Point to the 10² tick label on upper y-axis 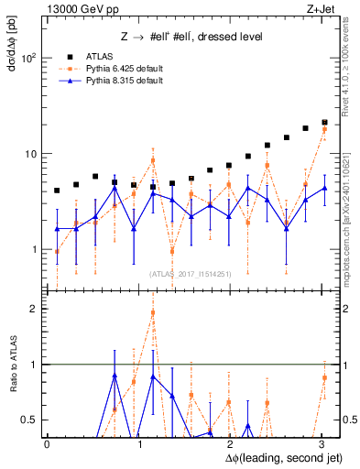pyautogui.click(x=27, y=58)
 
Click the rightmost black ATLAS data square pyautogui.click(x=324, y=122)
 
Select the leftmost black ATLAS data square pyautogui.click(x=57, y=191)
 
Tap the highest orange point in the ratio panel pyautogui.click(x=153, y=312)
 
